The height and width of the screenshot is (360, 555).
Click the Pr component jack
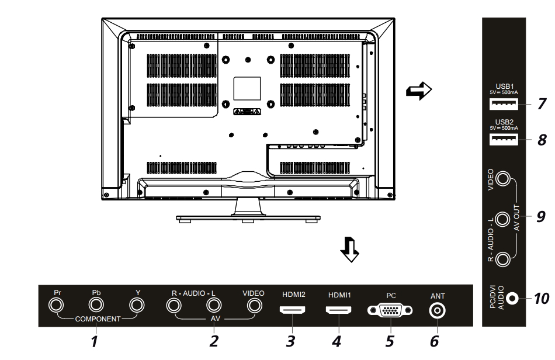coord(57,305)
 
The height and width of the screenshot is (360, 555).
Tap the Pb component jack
coord(96,305)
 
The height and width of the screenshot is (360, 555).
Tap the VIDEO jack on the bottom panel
coord(254,305)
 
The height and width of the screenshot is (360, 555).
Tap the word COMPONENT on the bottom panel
coord(96,320)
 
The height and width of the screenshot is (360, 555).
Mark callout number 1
coord(93,340)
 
